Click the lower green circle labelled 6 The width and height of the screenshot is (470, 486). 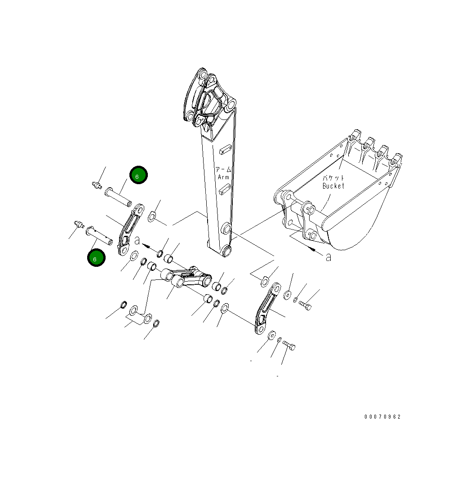tap(96, 258)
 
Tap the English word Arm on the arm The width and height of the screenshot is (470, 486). tap(223, 177)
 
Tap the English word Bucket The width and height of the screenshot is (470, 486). tap(333, 186)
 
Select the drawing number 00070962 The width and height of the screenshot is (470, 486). tap(382, 417)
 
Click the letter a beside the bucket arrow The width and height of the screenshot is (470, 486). tap(328, 257)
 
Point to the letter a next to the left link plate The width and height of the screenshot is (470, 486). tap(137, 241)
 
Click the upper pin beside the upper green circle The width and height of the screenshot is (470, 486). tap(118, 197)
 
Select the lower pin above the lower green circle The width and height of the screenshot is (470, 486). tap(99, 234)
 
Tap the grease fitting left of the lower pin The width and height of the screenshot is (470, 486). tap(79, 224)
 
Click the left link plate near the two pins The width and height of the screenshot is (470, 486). tap(130, 229)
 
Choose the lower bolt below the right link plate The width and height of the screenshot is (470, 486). tap(289, 346)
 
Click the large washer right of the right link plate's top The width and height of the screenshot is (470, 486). tap(287, 295)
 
